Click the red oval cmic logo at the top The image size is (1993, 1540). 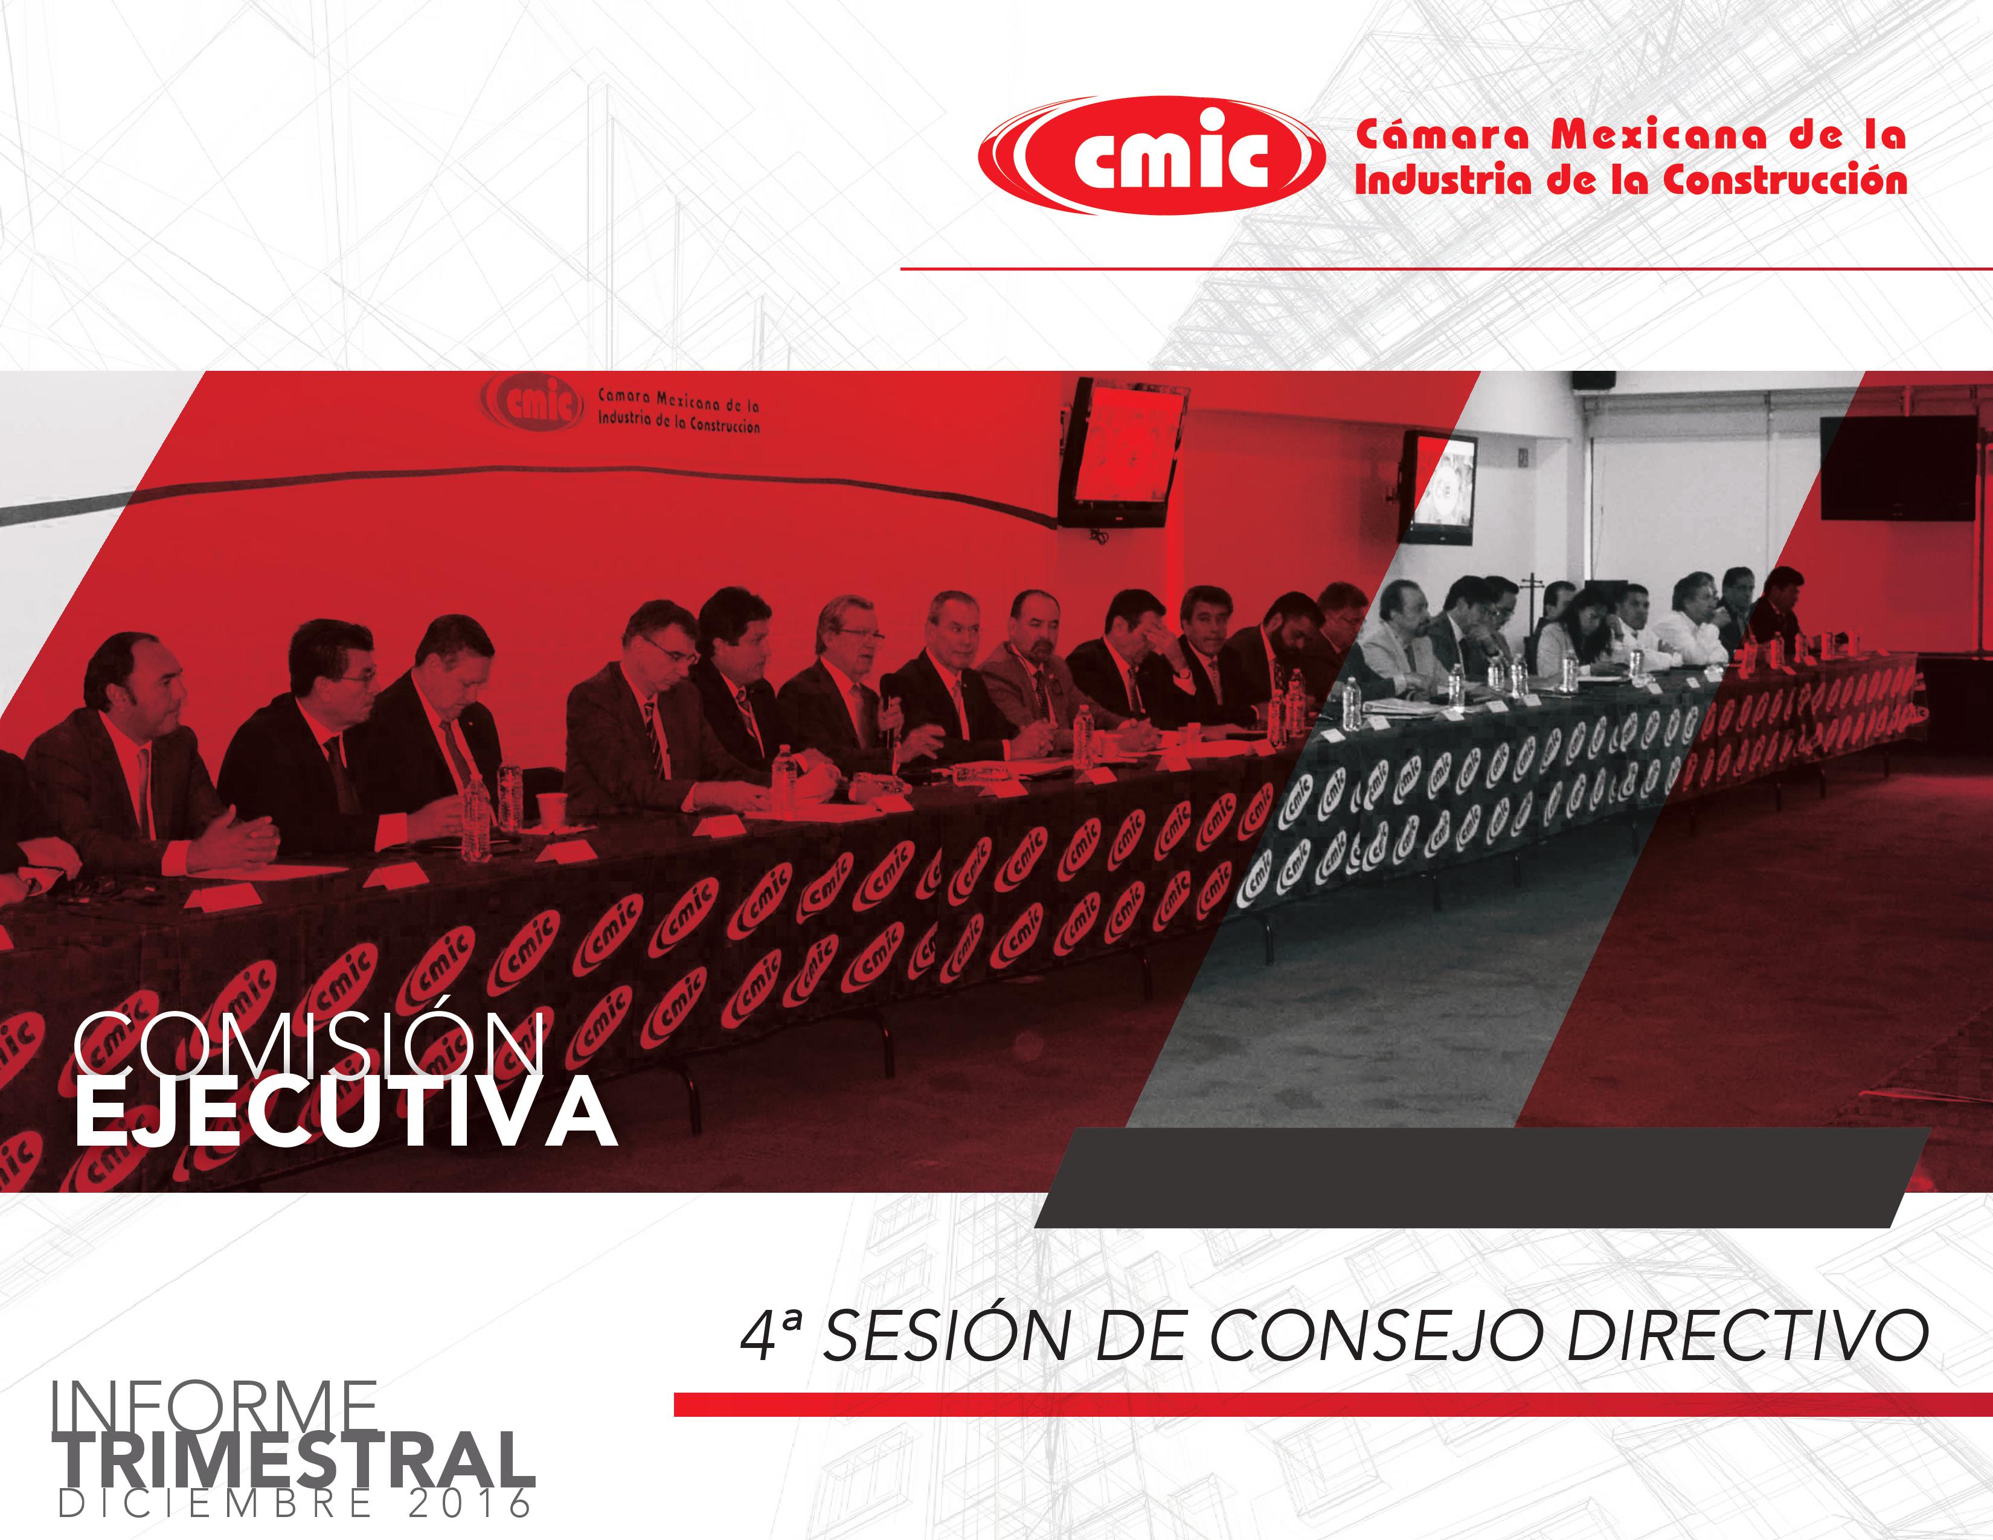(1152, 156)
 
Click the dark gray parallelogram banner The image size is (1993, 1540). (1483, 1177)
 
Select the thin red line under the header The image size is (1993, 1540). (1446, 269)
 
